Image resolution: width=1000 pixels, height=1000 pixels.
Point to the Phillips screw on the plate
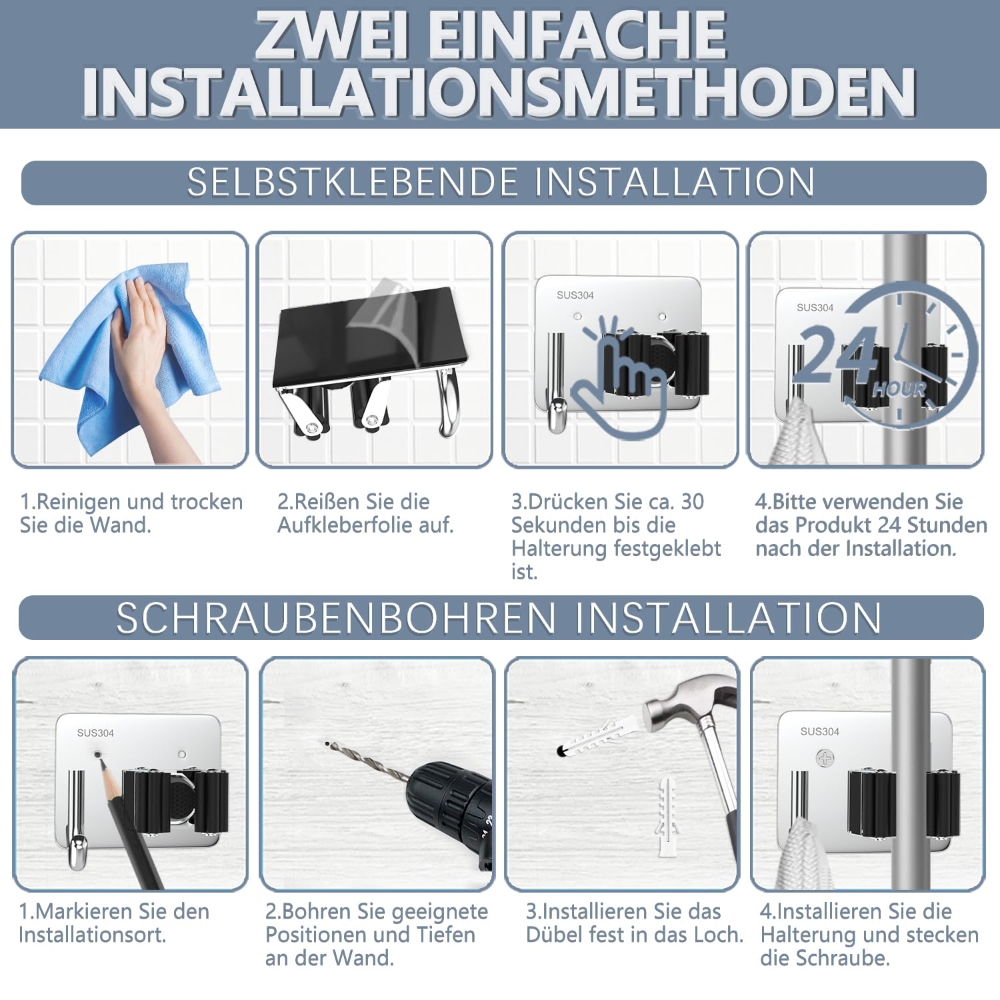coord(825,758)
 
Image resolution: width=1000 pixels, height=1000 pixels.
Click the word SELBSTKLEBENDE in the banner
coord(353,182)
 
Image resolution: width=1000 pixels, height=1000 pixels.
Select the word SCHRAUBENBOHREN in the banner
coord(336,617)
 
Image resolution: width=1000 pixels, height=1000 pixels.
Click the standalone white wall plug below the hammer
coord(667,817)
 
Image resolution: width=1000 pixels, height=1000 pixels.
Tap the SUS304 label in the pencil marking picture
coord(95,733)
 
